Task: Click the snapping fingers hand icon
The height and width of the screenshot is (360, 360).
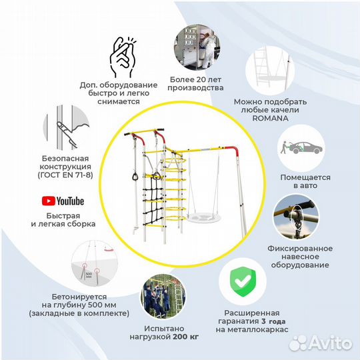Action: (x=122, y=57)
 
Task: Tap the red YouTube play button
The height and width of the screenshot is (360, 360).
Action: (x=49, y=201)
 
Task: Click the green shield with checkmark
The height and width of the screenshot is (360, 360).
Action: (x=243, y=282)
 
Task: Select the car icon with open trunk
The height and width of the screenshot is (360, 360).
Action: (x=301, y=148)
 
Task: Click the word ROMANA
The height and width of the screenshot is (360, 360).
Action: (x=270, y=118)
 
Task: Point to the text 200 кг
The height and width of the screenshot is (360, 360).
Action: (x=186, y=337)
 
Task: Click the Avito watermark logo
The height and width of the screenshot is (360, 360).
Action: (x=321, y=343)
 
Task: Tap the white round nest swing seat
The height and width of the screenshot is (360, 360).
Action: (x=203, y=217)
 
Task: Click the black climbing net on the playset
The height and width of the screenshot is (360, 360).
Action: (x=153, y=196)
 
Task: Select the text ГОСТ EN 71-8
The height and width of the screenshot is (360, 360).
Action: (x=65, y=175)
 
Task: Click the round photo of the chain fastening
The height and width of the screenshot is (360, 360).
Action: (x=297, y=217)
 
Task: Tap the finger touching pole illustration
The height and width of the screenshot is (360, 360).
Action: (x=66, y=128)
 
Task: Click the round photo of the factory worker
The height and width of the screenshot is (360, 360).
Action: (x=197, y=47)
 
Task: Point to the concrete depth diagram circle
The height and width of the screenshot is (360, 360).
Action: (x=95, y=263)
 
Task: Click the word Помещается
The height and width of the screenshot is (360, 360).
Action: (x=305, y=177)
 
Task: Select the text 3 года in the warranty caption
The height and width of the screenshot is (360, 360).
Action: (x=273, y=321)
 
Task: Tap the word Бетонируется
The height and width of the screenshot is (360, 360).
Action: (x=79, y=297)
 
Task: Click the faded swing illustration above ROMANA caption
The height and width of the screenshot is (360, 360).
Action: (x=270, y=71)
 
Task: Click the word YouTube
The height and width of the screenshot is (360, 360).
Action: (x=70, y=201)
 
